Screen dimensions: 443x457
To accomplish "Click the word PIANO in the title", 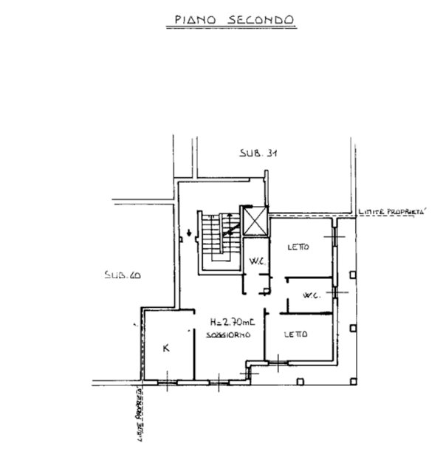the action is click(195, 19).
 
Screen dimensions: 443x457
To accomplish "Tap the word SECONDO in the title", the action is click(261, 19).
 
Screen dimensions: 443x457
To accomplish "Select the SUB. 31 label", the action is click(258, 153).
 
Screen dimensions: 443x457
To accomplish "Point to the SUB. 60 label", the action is click(123, 275).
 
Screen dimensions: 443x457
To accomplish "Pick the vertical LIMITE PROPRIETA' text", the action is click(141, 414).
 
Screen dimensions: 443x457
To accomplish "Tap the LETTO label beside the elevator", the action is click(298, 247).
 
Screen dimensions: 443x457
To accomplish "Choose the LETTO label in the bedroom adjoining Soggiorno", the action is click(296, 334).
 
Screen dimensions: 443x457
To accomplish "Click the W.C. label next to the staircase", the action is click(258, 261).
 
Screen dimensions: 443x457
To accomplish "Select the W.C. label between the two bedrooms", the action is click(312, 295).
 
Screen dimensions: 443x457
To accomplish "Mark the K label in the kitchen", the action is click(166, 348).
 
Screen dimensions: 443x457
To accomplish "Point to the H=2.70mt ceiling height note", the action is click(233, 322).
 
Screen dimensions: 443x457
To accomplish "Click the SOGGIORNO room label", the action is click(228, 334).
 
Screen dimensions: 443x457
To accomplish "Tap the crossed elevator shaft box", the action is click(255, 221).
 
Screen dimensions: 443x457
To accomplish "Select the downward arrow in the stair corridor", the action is click(189, 233).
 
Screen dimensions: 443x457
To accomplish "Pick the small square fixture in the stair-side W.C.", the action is click(266, 291).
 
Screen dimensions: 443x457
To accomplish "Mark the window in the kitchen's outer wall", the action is click(168, 382).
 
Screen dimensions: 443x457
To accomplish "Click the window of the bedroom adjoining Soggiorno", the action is click(278, 362).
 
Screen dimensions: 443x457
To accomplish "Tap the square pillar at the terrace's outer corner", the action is click(353, 381).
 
